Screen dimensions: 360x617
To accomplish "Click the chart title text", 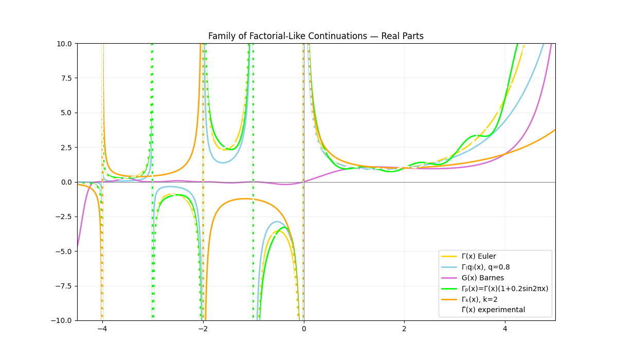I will click(316, 36).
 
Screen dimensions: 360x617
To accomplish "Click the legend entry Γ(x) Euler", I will click(479, 256).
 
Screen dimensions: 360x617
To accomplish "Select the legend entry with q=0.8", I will click(485, 267).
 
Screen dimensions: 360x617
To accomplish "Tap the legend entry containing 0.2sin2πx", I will click(505, 289).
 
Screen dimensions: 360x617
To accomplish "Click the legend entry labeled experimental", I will click(493, 310).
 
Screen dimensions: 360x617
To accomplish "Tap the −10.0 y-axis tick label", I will click(63, 320).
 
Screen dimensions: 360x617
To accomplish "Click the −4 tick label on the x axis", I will click(102, 329).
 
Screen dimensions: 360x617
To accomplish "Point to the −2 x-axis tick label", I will click(203, 329).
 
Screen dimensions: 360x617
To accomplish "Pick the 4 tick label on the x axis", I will click(505, 329).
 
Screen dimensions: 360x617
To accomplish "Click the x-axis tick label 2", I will click(404, 329).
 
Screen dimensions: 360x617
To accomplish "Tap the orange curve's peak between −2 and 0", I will click(244, 199).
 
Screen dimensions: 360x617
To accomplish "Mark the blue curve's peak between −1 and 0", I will click(277, 222).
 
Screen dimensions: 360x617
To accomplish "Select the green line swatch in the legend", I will click(450, 289).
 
